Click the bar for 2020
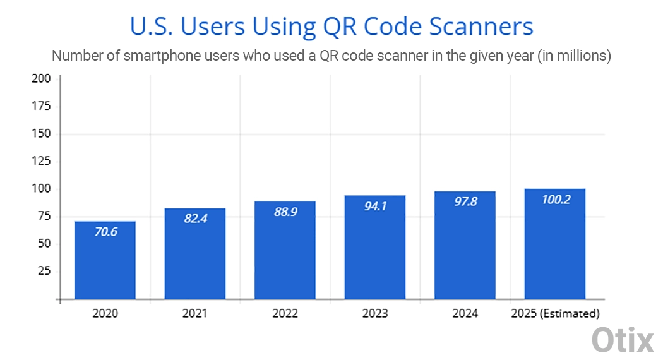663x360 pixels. tap(105, 260)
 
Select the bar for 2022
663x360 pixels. tap(285, 250)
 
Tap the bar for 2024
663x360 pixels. tap(465, 245)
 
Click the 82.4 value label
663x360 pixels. tap(194, 219)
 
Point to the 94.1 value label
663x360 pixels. tap(375, 206)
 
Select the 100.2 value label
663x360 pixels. tap(556, 200)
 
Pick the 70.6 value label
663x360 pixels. tap(105, 231)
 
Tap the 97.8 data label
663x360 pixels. tap(465, 201)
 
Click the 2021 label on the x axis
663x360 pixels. tap(194, 313)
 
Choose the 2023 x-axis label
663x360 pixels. tap(375, 313)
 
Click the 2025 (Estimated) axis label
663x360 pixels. tap(556, 313)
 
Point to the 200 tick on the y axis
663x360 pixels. tap(41, 79)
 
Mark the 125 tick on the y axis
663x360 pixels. tap(41, 162)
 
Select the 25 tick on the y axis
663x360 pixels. tap(44, 272)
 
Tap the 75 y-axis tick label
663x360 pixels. tap(44, 217)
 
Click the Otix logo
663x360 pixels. tap(622, 340)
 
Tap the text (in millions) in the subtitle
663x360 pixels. tap(574, 56)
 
